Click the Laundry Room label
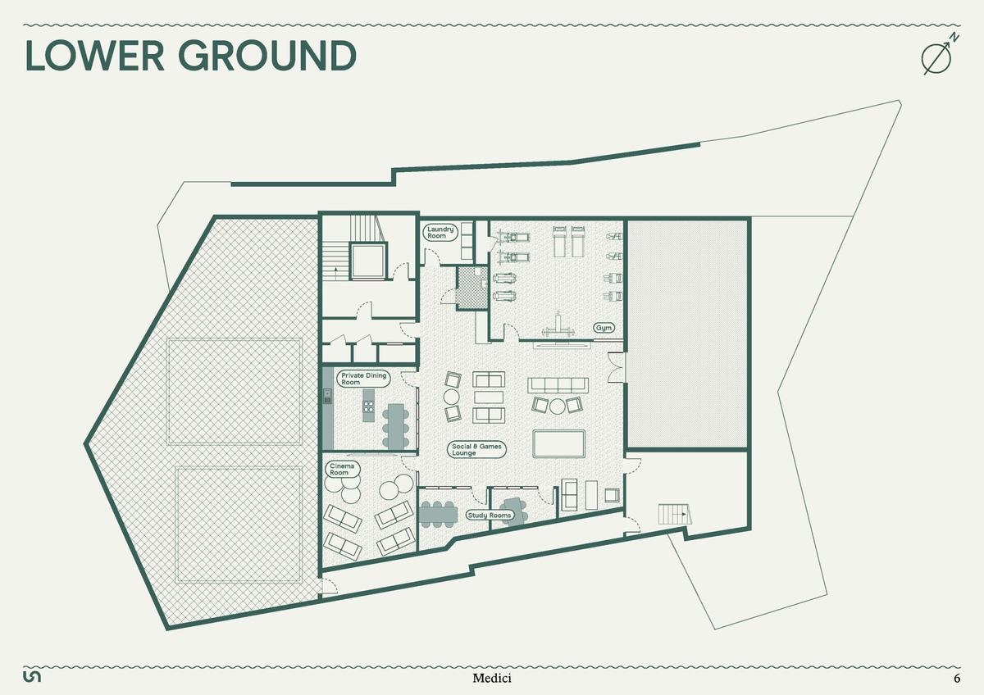[440, 232]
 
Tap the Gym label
[604, 328]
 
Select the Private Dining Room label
[363, 379]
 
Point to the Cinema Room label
[343, 470]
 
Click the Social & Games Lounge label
[476, 450]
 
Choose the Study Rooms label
[490, 516]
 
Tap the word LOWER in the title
[95, 56]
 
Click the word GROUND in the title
[267, 56]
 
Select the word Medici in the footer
[492, 679]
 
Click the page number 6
[957, 679]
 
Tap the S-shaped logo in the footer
[32, 677]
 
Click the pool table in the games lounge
[558, 444]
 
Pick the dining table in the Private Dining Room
[396, 427]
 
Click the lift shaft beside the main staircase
[367, 261]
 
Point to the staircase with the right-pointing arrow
[675, 514]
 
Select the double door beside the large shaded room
[616, 367]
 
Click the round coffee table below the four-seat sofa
[557, 407]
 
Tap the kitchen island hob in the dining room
[368, 406]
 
